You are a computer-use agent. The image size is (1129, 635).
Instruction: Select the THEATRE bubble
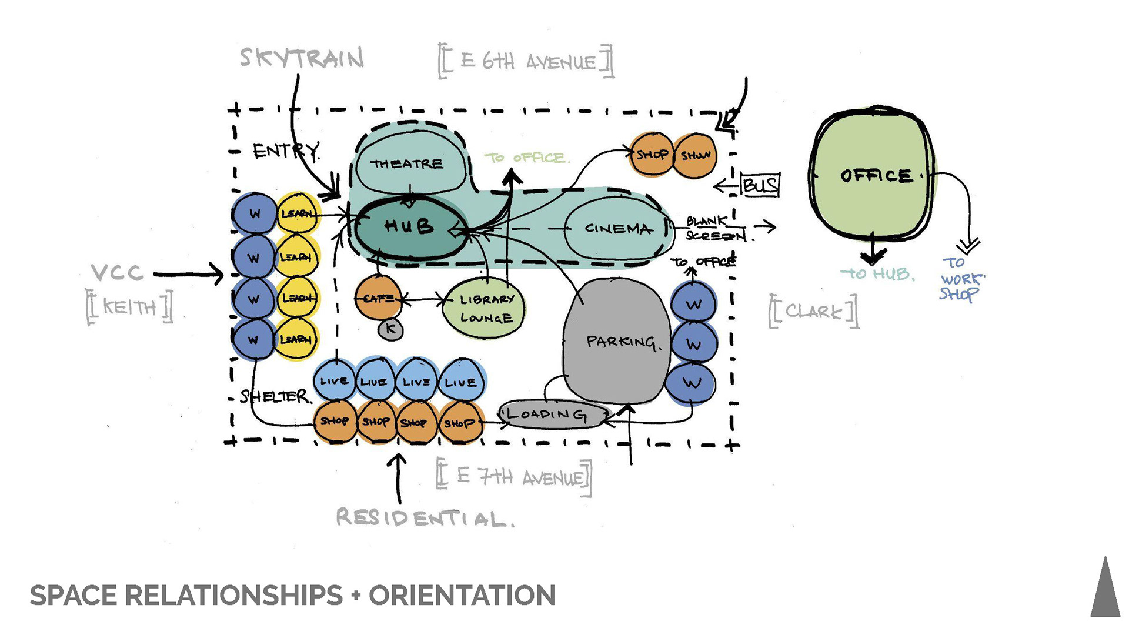point(407,164)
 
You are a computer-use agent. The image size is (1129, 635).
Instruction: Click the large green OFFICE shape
point(873,175)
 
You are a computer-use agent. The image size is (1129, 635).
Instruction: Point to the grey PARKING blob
point(617,341)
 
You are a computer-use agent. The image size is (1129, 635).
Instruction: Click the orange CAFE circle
point(378,299)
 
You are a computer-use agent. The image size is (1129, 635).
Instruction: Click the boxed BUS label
point(760,185)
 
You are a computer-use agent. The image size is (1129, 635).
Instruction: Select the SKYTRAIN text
point(302,58)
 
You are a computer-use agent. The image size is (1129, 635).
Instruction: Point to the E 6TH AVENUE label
point(526,61)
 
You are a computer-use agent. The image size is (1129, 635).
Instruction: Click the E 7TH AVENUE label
point(514,477)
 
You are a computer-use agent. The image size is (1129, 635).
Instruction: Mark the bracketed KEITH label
point(130,306)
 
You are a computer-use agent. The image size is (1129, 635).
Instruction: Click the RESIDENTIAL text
point(425,518)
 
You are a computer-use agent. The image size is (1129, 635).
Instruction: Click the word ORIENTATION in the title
point(462,596)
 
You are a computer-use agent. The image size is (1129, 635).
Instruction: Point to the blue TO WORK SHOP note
point(960,279)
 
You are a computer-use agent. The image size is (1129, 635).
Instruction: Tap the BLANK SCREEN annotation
point(715,229)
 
